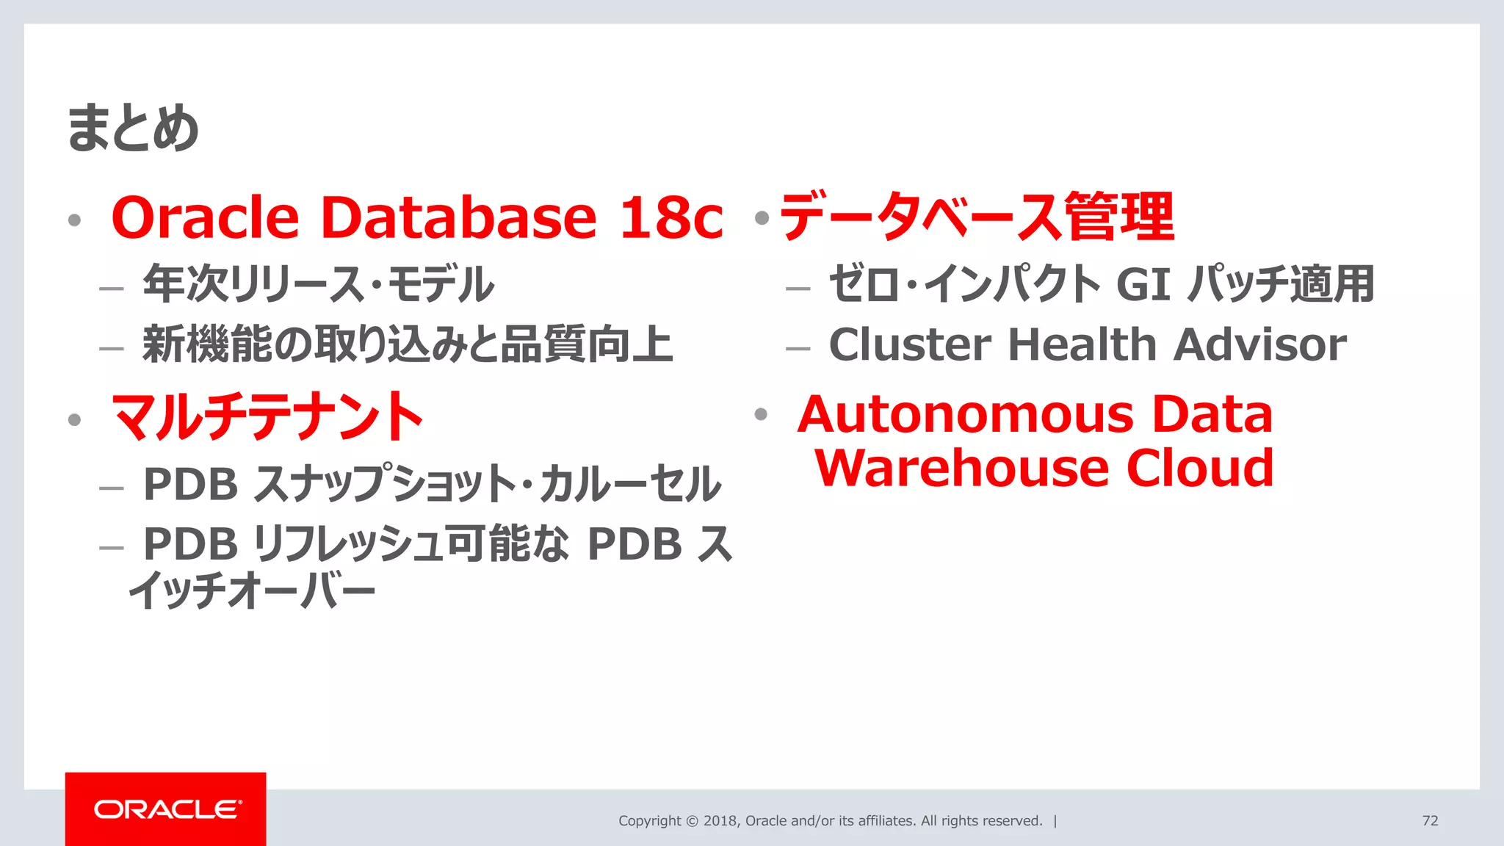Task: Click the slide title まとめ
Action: pos(133,129)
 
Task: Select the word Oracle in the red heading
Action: pos(205,218)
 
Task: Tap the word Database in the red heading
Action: pos(459,218)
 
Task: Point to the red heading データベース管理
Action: pos(977,217)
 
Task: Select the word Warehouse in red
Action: pos(962,468)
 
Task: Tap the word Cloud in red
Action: pos(1200,468)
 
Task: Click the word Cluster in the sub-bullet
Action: pos(910,344)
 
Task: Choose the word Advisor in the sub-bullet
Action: pos(1260,344)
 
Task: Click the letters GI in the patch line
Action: pos(1143,284)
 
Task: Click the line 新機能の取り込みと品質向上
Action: pos(408,344)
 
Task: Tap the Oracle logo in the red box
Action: pos(167,809)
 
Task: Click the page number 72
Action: pos(1430,820)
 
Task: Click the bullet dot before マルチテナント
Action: pos(74,419)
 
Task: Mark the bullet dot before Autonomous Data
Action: pos(761,414)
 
